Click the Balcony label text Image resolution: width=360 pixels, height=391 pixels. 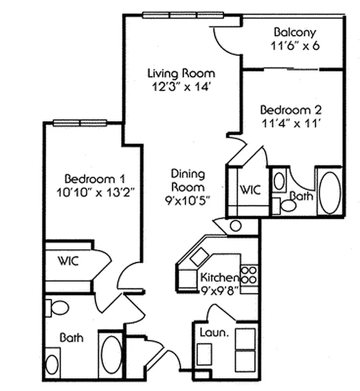click(x=294, y=33)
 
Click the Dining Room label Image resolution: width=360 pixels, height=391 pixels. click(x=188, y=180)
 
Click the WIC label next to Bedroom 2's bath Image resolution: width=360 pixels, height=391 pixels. click(x=249, y=189)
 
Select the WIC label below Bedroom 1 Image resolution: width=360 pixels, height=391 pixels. click(x=68, y=260)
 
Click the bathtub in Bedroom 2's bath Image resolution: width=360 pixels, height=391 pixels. click(x=330, y=192)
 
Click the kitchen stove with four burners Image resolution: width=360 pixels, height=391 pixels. click(x=249, y=274)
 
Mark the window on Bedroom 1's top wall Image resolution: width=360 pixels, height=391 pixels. click(x=80, y=122)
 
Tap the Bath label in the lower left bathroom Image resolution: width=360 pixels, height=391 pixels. click(x=71, y=337)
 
